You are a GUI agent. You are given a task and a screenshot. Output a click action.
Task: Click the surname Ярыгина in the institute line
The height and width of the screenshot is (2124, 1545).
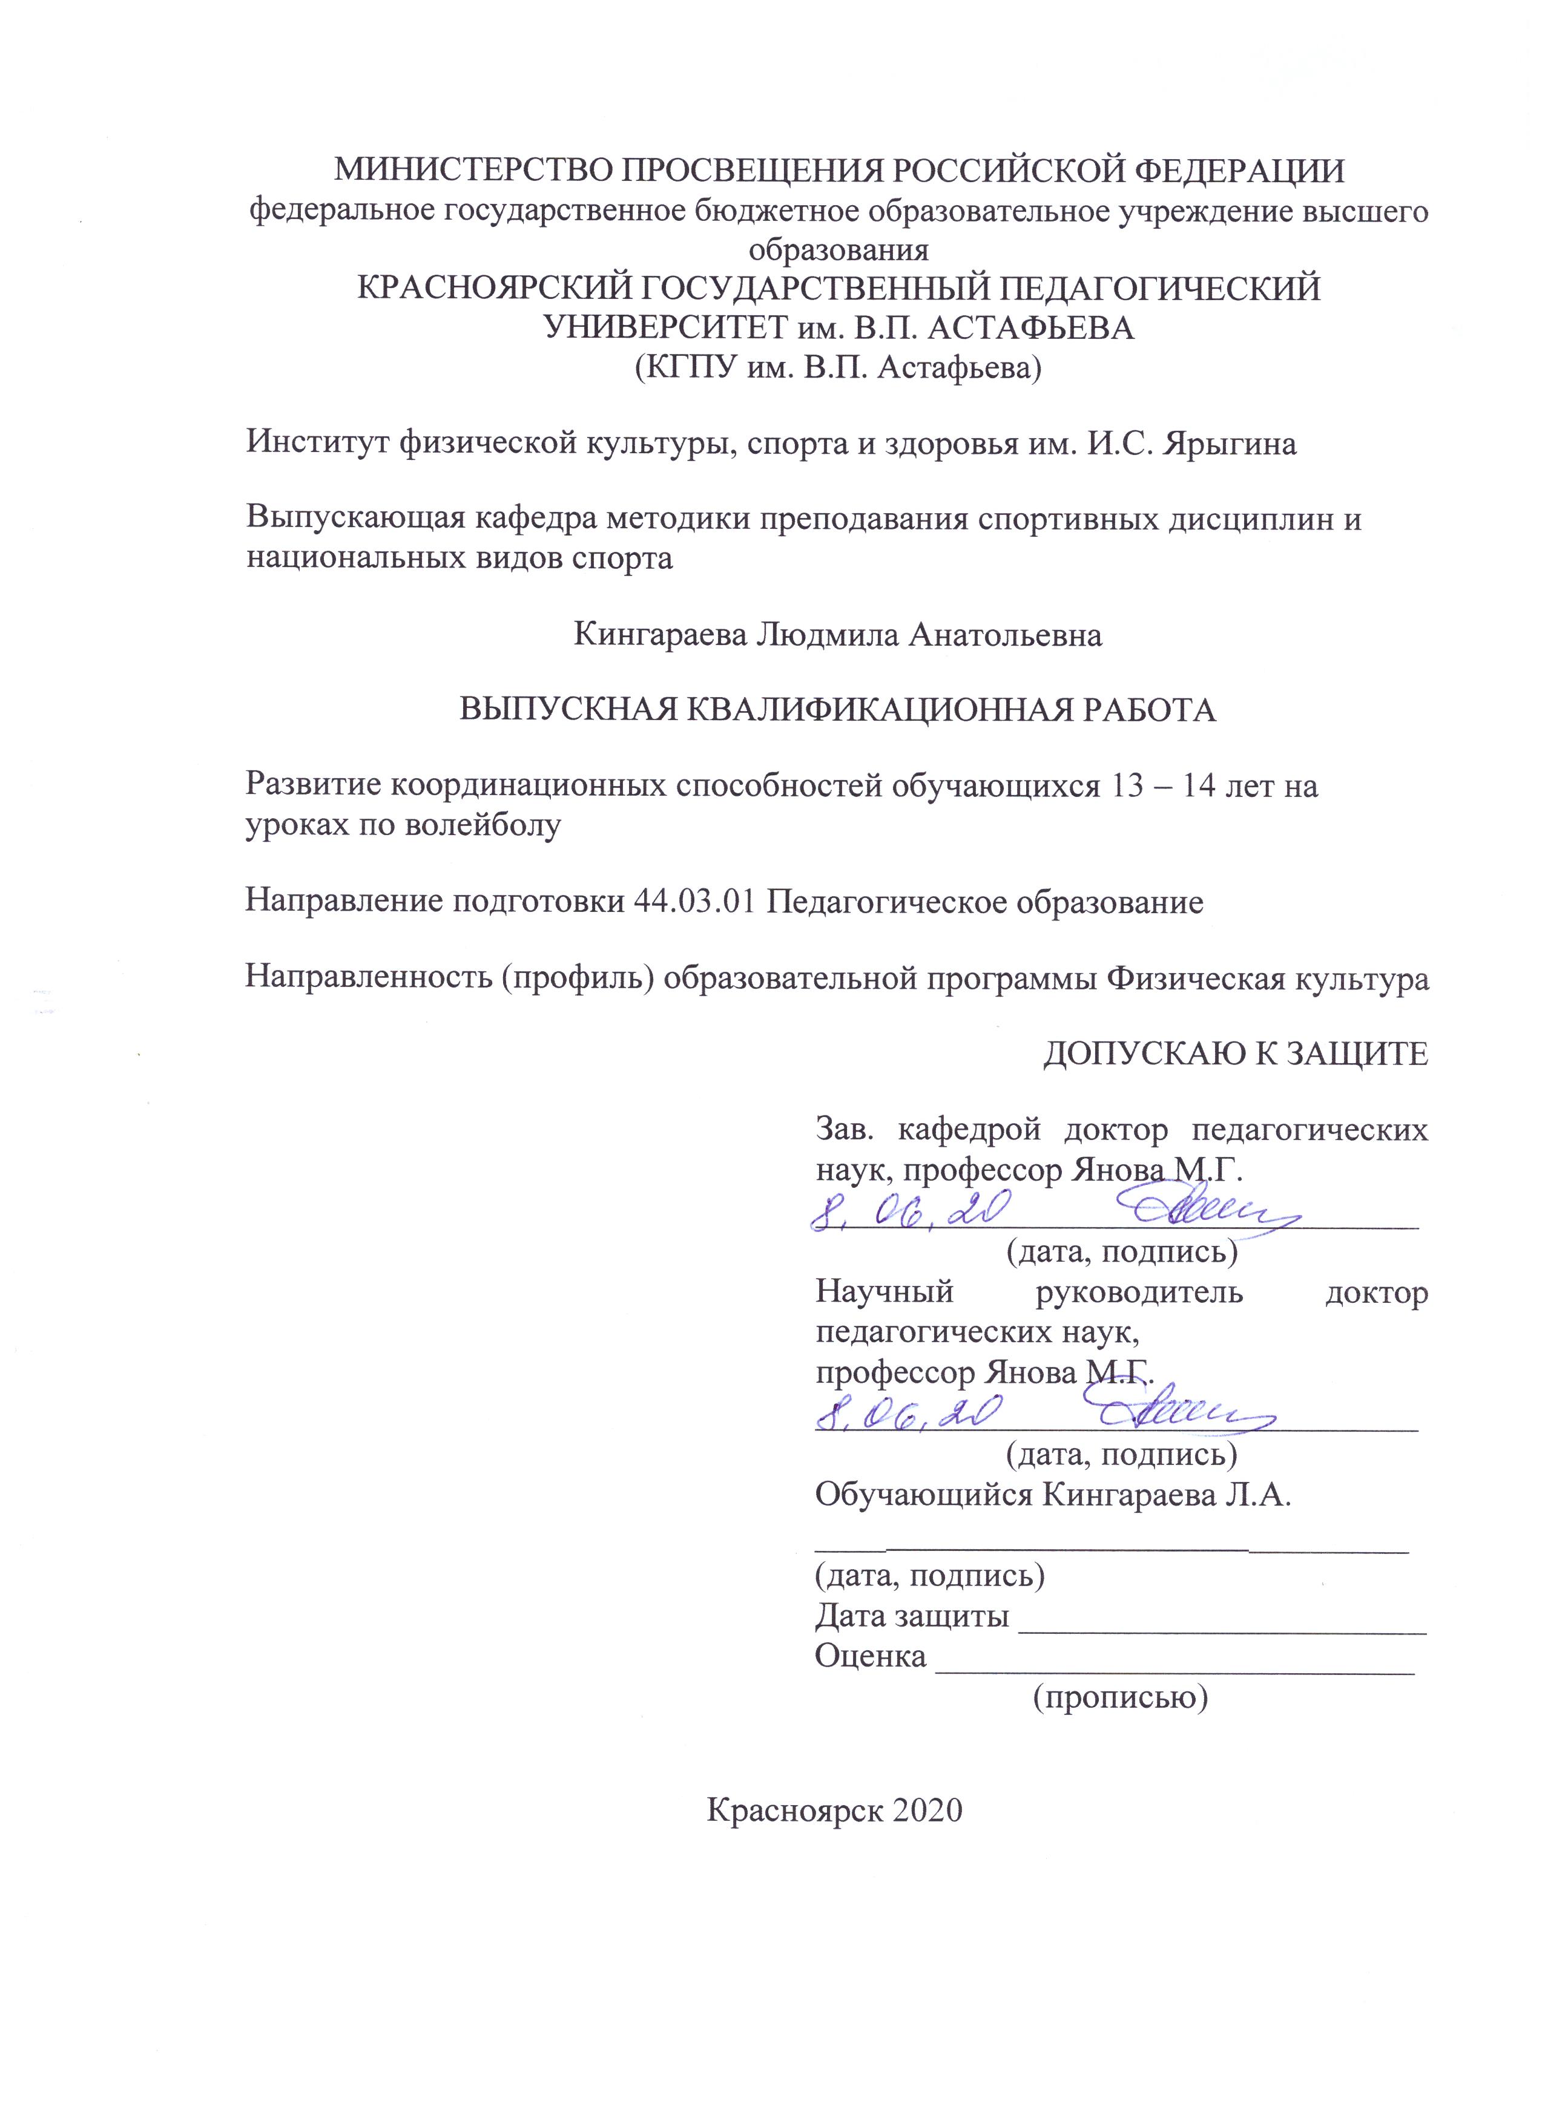[1230, 443]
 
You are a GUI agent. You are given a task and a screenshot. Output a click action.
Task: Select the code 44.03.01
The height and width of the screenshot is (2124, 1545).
[693, 901]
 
